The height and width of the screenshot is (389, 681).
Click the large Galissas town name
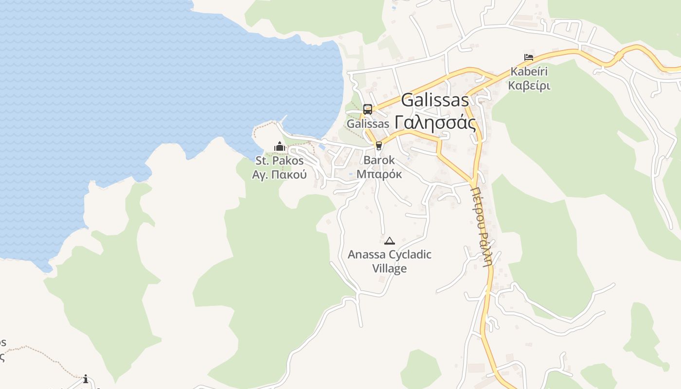tap(435, 100)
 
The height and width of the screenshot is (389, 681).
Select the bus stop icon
tap(368, 109)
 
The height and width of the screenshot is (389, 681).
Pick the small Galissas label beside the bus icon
tap(368, 124)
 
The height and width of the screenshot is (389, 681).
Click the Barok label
tap(379, 160)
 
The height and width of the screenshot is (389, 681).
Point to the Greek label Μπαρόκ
tap(379, 174)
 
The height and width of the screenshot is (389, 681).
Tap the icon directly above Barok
tap(379, 145)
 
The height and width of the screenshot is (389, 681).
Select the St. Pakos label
tap(279, 160)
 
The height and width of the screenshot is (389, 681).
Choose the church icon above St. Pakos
tap(279, 146)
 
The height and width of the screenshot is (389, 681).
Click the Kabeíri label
tap(529, 71)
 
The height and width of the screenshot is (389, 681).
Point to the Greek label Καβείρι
tap(529, 86)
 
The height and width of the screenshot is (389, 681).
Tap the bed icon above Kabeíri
tap(529, 57)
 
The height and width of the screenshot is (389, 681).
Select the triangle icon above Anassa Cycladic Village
tap(389, 241)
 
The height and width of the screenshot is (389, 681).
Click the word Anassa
tap(367, 254)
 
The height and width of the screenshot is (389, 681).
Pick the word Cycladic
tap(411, 254)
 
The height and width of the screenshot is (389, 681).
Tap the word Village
tap(389, 268)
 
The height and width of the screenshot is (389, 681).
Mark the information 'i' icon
tap(86, 379)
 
